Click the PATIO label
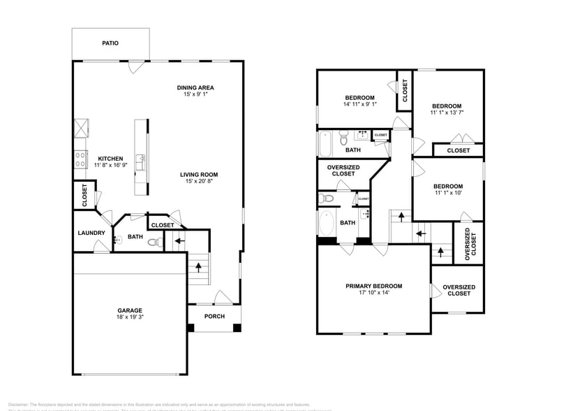(x=110, y=43)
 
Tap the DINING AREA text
(x=195, y=87)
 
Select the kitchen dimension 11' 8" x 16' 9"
(x=111, y=166)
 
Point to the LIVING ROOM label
(x=199, y=175)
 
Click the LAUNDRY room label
(x=91, y=233)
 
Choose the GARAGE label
(x=130, y=310)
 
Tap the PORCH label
(x=214, y=317)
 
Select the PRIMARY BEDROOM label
(x=373, y=286)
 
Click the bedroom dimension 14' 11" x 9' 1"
(x=359, y=105)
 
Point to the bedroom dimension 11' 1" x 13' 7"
(x=447, y=112)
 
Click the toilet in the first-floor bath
(x=158, y=243)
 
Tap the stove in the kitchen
(x=80, y=159)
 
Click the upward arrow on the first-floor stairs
(x=199, y=266)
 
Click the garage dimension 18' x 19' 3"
(x=130, y=317)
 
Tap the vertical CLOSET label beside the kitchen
(x=84, y=196)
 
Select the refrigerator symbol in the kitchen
(x=82, y=128)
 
